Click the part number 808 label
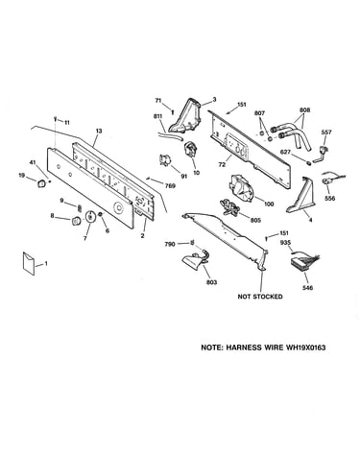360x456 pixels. [x=304, y=110]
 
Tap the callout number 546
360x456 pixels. [x=307, y=288]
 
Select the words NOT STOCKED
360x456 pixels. [x=260, y=297]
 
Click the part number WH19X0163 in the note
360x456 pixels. [x=303, y=348]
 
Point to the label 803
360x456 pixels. [x=211, y=282]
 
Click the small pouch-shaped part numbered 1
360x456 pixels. [x=28, y=263]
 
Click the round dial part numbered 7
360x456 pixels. [x=90, y=216]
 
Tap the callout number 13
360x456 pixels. [x=99, y=131]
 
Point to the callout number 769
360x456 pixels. [x=170, y=185]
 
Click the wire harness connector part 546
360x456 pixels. [x=302, y=262]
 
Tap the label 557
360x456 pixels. [x=326, y=132]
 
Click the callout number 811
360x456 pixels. [x=158, y=116]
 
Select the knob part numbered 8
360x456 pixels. [x=77, y=221]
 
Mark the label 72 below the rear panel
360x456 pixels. [x=222, y=165]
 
